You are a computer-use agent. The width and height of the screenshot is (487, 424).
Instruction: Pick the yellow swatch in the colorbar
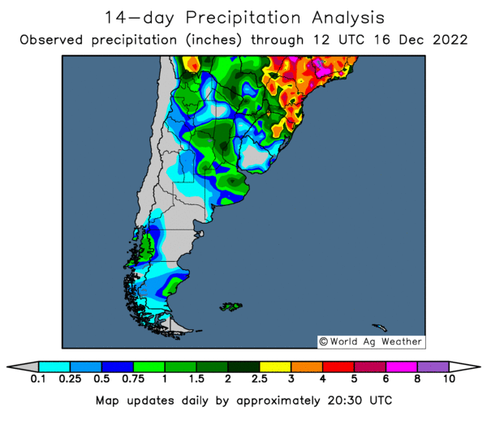tap(275, 366)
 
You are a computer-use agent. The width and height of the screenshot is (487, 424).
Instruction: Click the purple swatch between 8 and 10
tap(433, 366)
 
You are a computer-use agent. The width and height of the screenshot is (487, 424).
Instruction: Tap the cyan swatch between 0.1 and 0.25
tap(54, 366)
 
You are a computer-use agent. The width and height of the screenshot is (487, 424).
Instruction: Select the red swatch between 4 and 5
tap(338, 366)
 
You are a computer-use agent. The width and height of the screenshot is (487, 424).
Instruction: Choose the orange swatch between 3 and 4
tap(307, 366)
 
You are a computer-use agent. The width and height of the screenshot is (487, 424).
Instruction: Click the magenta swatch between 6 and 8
tap(401, 366)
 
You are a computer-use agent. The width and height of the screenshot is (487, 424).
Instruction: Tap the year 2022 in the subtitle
tap(450, 39)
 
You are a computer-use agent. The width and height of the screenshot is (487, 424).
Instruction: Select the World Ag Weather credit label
tap(370, 341)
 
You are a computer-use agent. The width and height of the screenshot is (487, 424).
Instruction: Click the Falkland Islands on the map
tap(231, 306)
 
